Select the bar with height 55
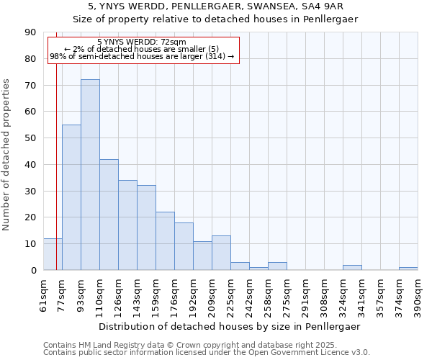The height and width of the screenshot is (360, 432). (71, 197)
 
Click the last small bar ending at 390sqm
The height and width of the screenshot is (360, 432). (408, 269)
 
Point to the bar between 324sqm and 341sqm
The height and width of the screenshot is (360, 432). (352, 268)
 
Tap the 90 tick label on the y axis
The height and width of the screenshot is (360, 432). (31, 32)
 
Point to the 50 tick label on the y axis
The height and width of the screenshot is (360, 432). (31, 138)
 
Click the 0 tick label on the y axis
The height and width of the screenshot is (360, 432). (34, 270)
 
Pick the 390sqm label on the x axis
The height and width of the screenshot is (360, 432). (418, 294)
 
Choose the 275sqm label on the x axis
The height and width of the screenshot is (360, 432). (287, 294)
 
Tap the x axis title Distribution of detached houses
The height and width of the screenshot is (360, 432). (230, 326)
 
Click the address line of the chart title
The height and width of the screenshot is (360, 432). (215, 6)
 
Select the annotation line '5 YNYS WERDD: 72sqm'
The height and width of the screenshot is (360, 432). (141, 42)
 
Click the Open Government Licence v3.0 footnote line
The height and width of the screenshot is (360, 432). (207, 353)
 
